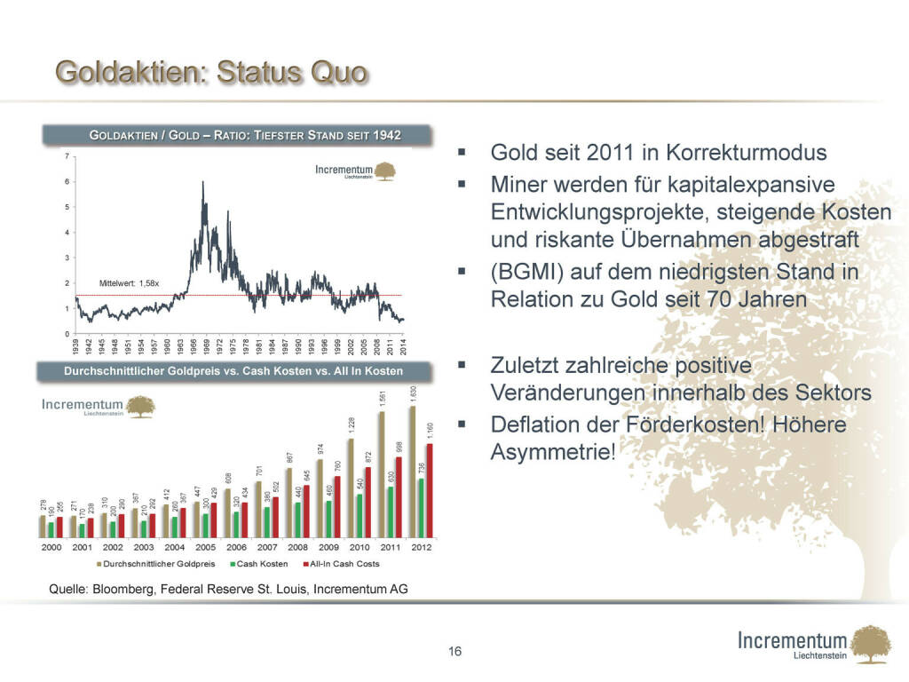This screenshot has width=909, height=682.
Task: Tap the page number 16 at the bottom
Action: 454,653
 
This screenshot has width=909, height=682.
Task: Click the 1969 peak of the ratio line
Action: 203,184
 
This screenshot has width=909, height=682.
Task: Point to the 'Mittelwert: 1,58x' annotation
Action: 129,283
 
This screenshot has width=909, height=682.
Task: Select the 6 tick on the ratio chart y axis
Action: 68,182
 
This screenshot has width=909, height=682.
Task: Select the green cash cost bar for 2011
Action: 391,511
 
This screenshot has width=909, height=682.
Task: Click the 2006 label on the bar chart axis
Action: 237,547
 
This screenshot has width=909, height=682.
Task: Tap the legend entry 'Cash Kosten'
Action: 261,564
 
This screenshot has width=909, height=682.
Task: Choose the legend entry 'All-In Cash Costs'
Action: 342,564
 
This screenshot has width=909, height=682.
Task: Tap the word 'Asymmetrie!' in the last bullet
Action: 551,452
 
